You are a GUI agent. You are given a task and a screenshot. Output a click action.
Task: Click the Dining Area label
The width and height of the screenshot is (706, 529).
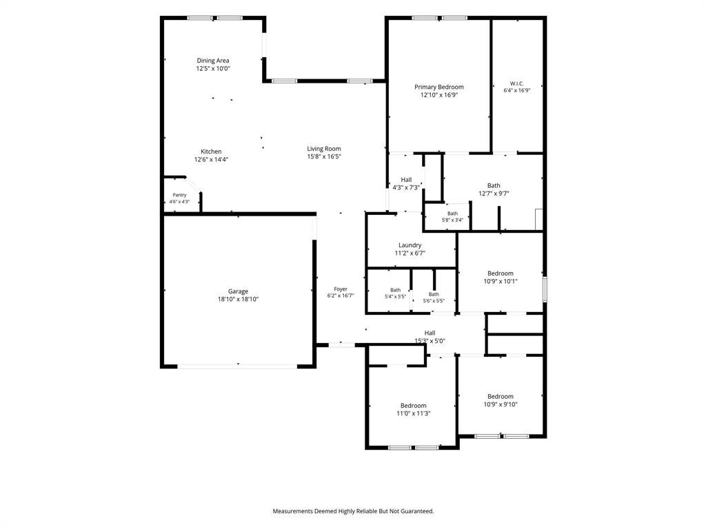213,61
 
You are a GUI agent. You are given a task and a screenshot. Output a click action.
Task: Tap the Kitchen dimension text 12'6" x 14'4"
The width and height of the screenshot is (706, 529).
211,159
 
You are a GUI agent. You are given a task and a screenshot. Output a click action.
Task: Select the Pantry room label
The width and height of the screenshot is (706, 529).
180,195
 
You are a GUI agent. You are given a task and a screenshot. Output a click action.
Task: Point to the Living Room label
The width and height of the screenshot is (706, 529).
324,149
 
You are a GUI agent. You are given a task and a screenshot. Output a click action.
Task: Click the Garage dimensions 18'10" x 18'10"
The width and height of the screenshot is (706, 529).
238,299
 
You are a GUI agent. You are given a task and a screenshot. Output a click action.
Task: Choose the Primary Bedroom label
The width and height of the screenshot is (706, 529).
439,87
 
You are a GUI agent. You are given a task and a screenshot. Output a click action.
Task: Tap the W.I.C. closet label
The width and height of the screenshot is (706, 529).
517,83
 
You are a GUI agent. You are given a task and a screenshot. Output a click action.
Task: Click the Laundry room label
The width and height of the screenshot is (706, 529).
410,245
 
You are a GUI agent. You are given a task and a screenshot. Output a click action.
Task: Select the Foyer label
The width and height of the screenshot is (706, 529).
341,289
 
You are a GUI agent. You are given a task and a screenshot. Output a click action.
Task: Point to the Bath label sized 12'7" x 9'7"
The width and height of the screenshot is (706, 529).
494,185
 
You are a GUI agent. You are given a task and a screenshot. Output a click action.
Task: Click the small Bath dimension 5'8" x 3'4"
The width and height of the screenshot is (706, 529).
452,220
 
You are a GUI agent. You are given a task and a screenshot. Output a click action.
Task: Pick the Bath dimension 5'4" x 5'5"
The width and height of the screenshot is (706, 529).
395,296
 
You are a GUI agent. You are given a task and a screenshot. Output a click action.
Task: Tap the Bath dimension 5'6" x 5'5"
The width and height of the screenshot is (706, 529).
434,300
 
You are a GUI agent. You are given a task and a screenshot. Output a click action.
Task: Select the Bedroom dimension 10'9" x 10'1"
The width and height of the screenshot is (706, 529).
501,281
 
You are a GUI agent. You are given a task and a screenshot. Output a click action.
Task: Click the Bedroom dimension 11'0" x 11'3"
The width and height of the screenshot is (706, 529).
414,413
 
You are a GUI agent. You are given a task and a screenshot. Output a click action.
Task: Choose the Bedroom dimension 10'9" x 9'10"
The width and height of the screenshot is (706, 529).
501,404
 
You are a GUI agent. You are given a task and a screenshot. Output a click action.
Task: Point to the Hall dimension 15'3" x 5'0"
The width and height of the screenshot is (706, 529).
430,341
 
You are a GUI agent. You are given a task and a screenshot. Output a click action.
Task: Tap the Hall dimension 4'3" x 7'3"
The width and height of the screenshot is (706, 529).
407,187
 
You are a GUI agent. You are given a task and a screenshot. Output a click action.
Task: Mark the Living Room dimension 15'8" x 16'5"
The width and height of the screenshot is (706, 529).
324,156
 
